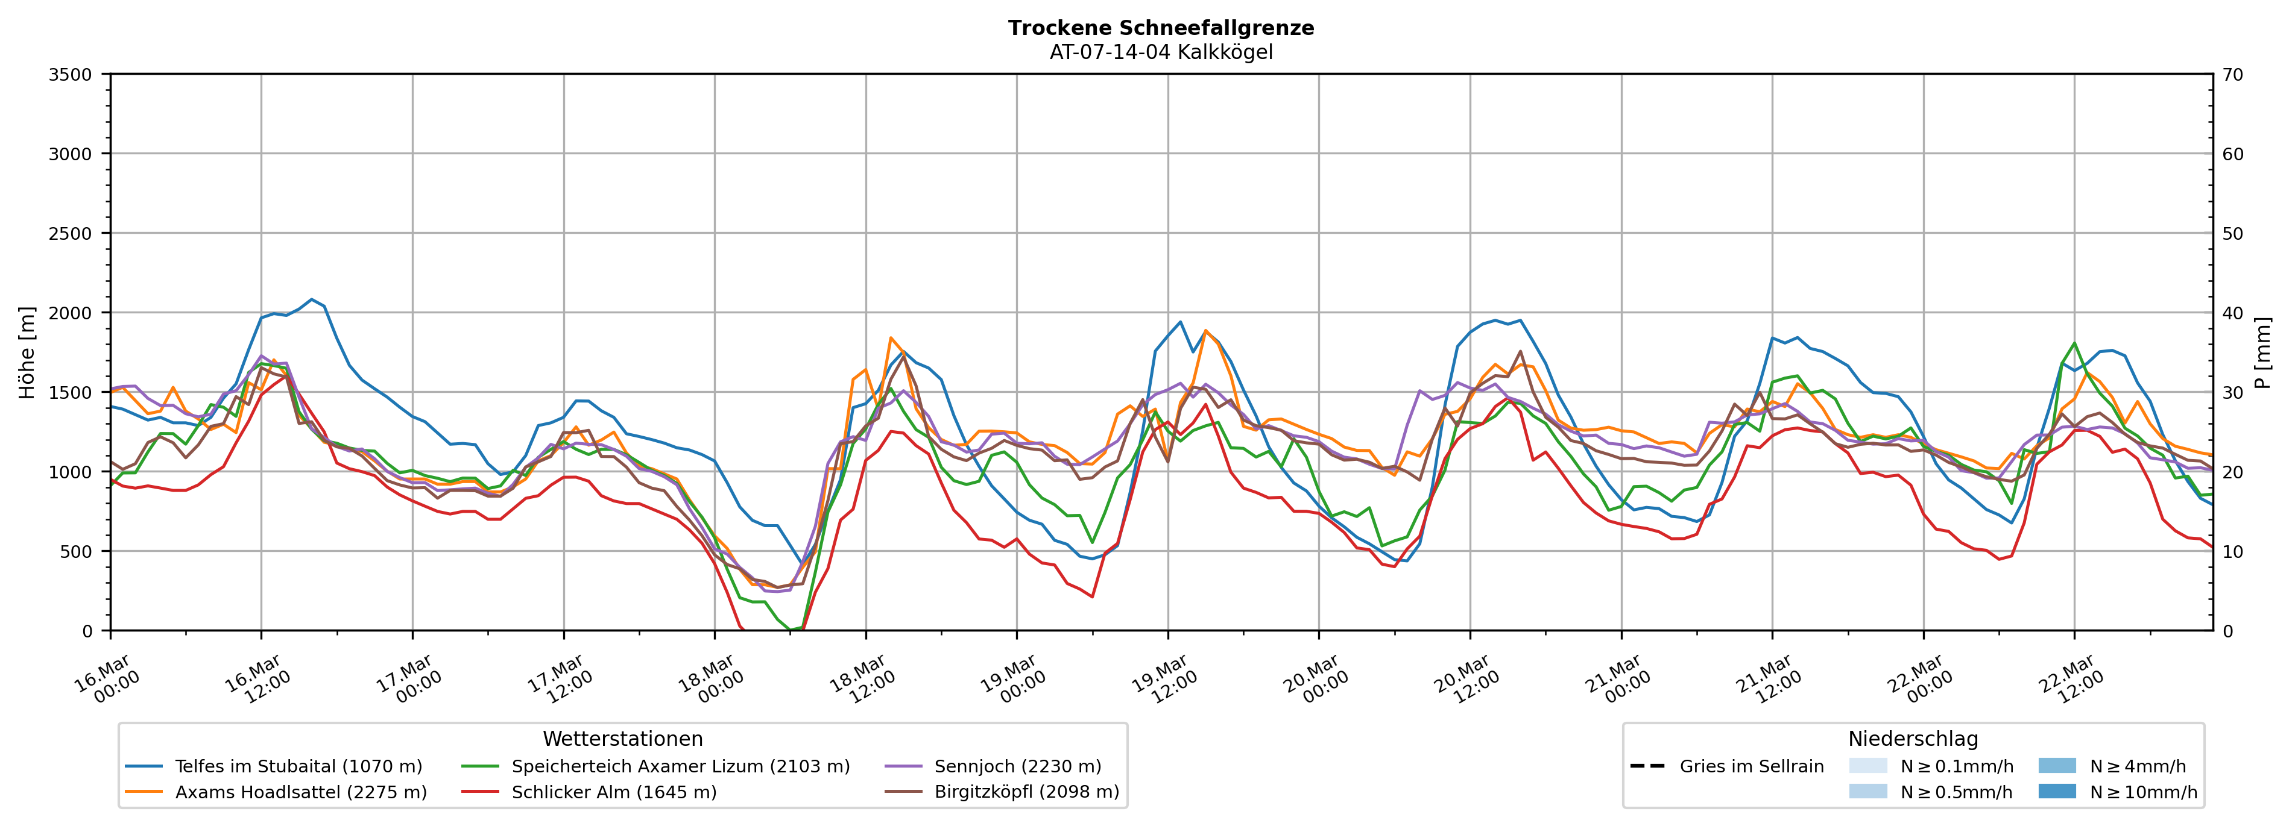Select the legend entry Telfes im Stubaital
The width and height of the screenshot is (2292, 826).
[298, 766]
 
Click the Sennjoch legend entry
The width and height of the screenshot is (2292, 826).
[1017, 766]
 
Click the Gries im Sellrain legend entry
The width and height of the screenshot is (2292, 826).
[1751, 766]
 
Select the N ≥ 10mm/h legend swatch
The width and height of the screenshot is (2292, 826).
[2057, 791]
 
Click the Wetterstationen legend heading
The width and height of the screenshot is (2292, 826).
[623, 739]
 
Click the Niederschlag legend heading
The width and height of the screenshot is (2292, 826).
[1913, 739]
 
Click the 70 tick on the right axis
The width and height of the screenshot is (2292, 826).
[2232, 75]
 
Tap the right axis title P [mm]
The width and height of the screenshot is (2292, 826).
[2262, 352]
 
